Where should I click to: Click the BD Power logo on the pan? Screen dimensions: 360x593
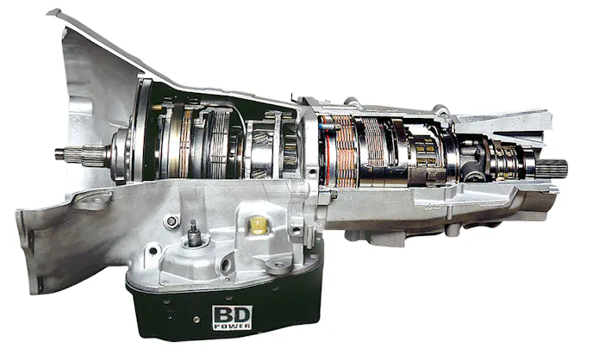pos(227,320)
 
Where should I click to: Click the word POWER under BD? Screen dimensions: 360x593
pos(227,330)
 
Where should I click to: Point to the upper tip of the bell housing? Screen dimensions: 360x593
pos(53,12)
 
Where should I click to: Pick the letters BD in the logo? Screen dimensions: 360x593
pos(227,315)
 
